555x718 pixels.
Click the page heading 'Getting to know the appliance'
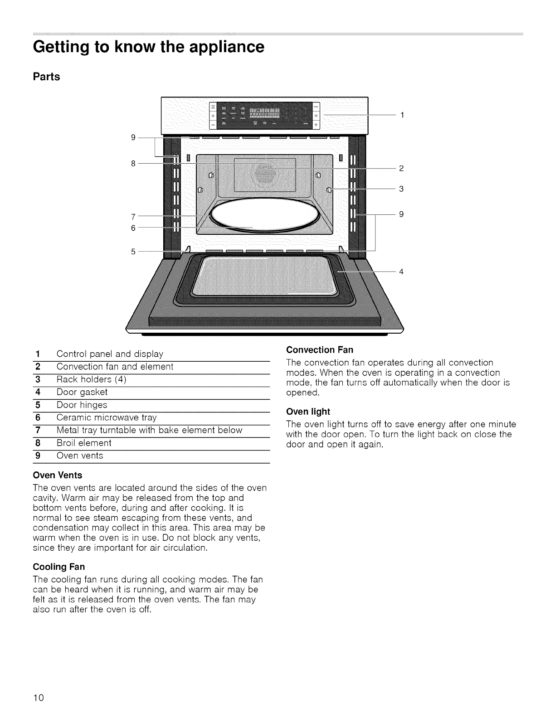[x=149, y=47]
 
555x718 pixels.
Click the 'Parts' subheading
[x=47, y=77]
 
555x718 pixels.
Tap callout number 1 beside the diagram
[x=401, y=115]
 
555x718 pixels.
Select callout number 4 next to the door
[x=401, y=272]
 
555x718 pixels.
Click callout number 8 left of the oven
[x=133, y=163]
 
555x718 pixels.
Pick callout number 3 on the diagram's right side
[x=401, y=189]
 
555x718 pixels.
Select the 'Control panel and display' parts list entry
[x=110, y=354]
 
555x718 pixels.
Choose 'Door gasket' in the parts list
[x=82, y=392]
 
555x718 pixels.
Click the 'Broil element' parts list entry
[x=84, y=443]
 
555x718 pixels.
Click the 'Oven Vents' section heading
[x=58, y=475]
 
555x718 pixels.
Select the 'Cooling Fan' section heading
[x=59, y=567]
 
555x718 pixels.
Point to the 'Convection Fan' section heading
[x=320, y=350]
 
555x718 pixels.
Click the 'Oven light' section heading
[x=308, y=412]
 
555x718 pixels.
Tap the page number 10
[x=38, y=697]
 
